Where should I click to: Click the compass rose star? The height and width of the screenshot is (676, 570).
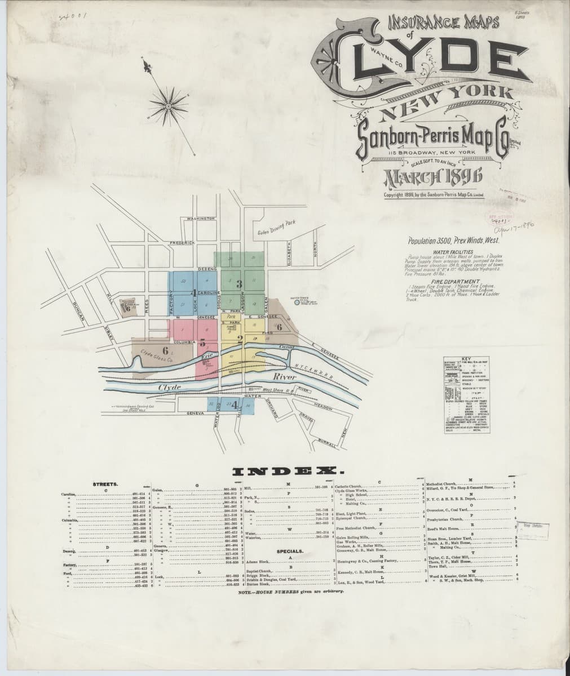pyautogui.click(x=168, y=104)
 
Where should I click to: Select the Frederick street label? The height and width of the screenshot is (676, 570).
pyautogui.click(x=182, y=243)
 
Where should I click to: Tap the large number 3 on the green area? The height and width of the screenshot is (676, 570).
pyautogui.click(x=239, y=283)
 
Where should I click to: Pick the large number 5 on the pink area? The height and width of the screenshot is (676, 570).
pyautogui.click(x=202, y=343)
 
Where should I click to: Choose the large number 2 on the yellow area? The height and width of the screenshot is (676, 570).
pyautogui.click(x=240, y=339)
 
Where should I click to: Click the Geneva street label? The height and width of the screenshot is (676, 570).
pyautogui.click(x=195, y=414)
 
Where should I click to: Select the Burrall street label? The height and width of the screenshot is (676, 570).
pyautogui.click(x=328, y=443)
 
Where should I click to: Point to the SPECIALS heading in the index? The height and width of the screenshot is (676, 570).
pyautogui.click(x=290, y=551)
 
